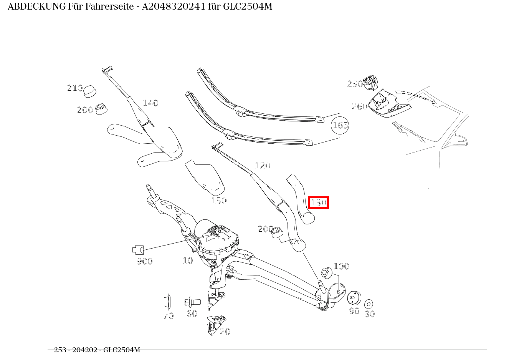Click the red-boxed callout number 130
coord(318,202)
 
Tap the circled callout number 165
coord(340,125)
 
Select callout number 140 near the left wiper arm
coord(150,103)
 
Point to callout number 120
coord(263,166)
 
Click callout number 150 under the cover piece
coord(219,201)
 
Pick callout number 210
coord(75,88)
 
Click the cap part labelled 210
coord(90,91)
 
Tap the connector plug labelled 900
coord(138,250)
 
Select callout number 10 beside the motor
coord(188,260)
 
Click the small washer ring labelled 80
coord(369,304)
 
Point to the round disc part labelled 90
coord(354,298)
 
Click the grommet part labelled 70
coord(167,302)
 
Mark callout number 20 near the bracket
coord(225,332)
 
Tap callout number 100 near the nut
coord(341,266)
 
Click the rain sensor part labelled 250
coord(371,82)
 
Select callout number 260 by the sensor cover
coord(360,106)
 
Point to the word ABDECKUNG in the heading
coord(36,7)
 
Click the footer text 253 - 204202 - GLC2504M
coord(97,350)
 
